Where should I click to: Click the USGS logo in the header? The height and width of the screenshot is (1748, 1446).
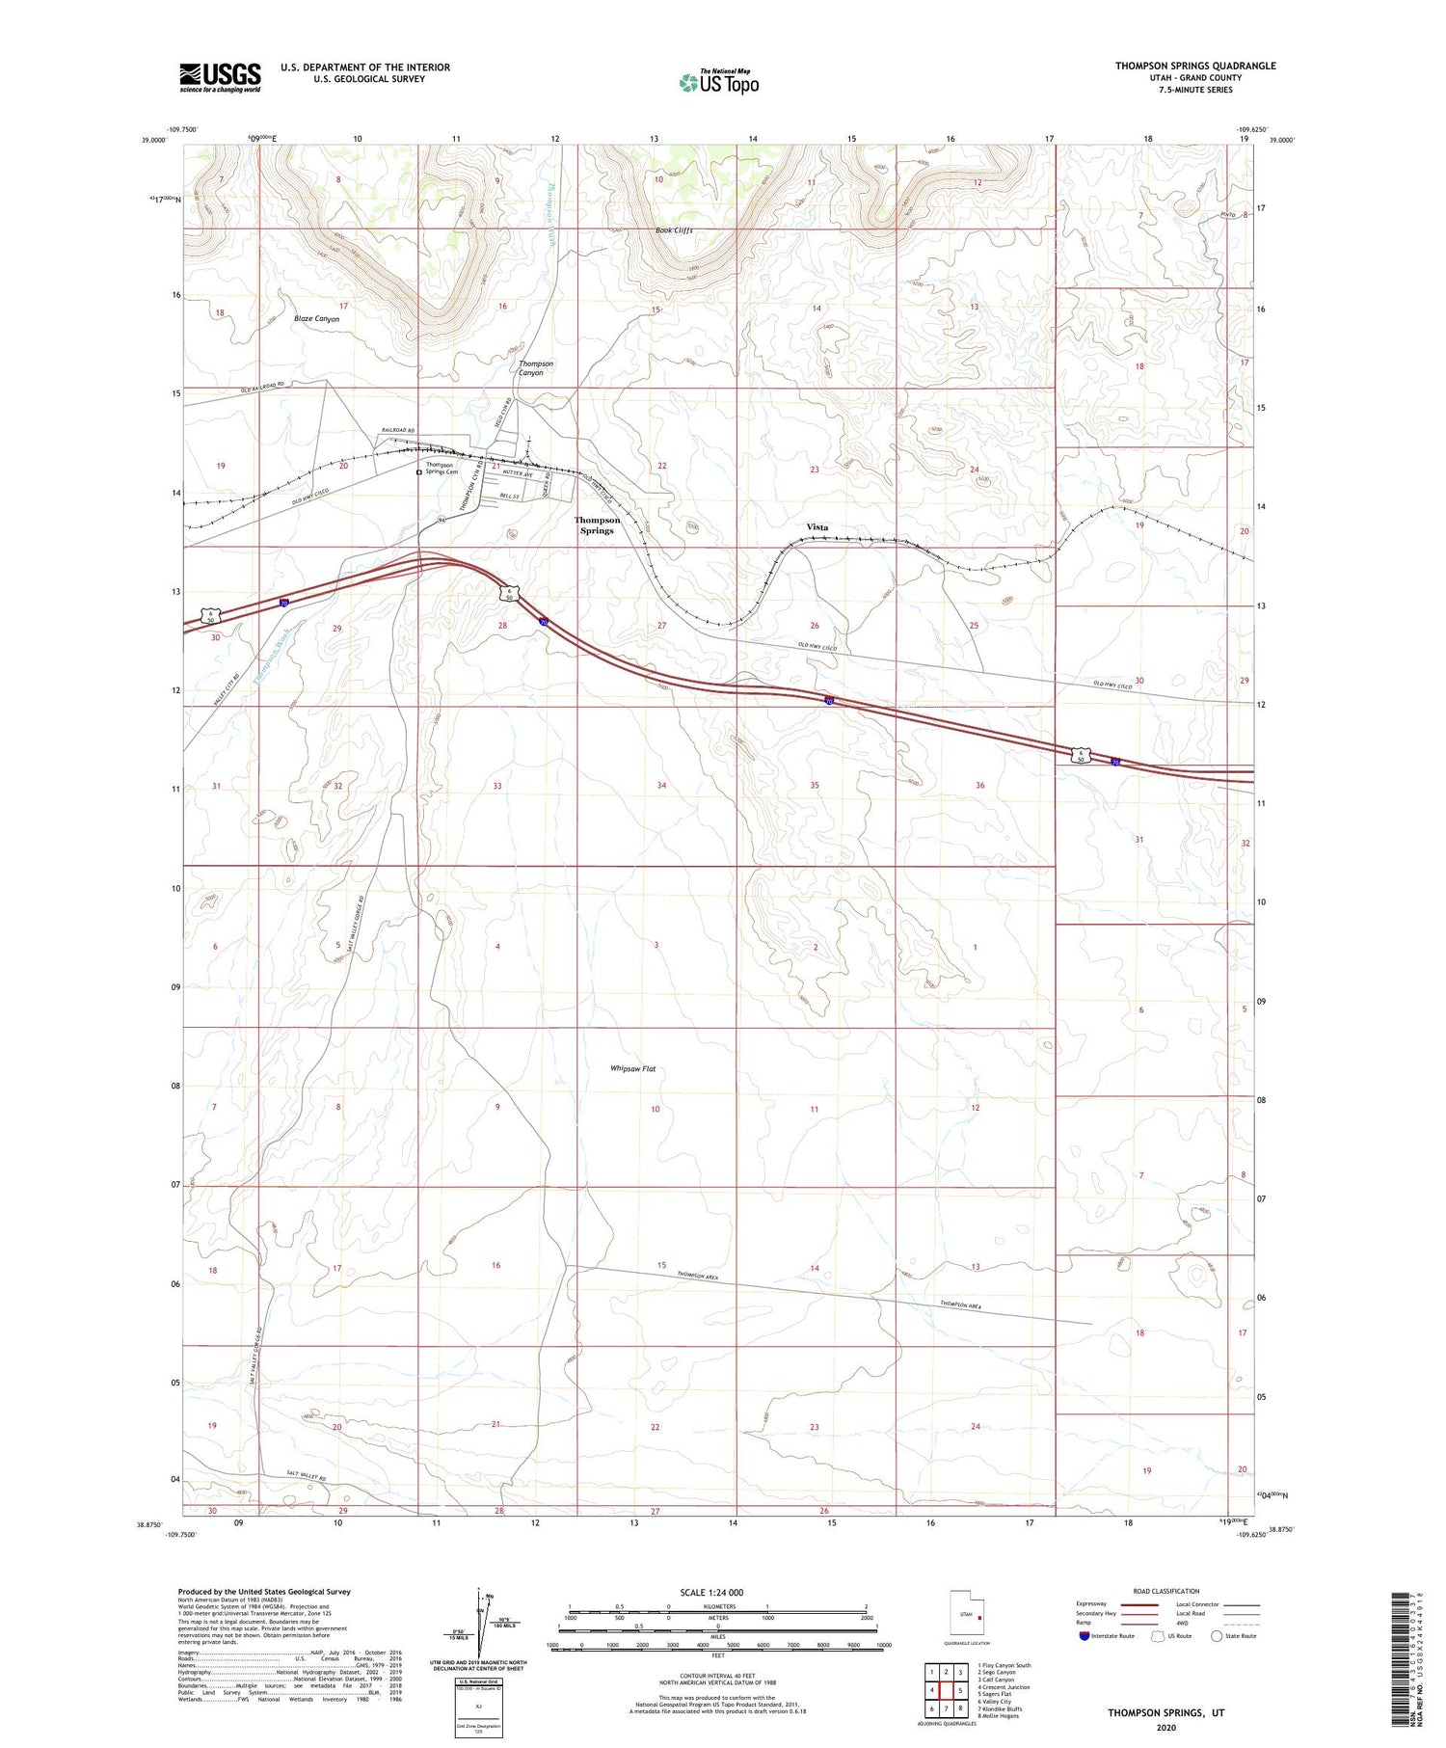click(220, 77)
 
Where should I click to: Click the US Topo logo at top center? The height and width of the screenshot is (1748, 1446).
click(718, 82)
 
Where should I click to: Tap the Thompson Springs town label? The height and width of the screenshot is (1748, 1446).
click(597, 525)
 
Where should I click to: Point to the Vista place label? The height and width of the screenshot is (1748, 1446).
click(817, 527)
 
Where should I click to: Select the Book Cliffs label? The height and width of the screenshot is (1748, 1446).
click(674, 230)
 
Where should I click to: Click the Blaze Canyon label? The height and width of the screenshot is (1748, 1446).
click(316, 318)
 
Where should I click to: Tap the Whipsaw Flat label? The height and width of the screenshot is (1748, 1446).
click(632, 1068)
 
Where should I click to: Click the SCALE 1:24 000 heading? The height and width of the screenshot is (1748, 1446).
click(717, 1593)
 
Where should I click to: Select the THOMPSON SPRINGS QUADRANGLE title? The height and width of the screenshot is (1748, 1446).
click(1195, 66)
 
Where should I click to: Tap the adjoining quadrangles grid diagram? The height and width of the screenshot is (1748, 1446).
click(949, 1691)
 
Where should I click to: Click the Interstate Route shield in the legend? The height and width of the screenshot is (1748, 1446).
click(1085, 1636)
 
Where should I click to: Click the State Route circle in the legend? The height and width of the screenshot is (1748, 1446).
click(1218, 1636)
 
